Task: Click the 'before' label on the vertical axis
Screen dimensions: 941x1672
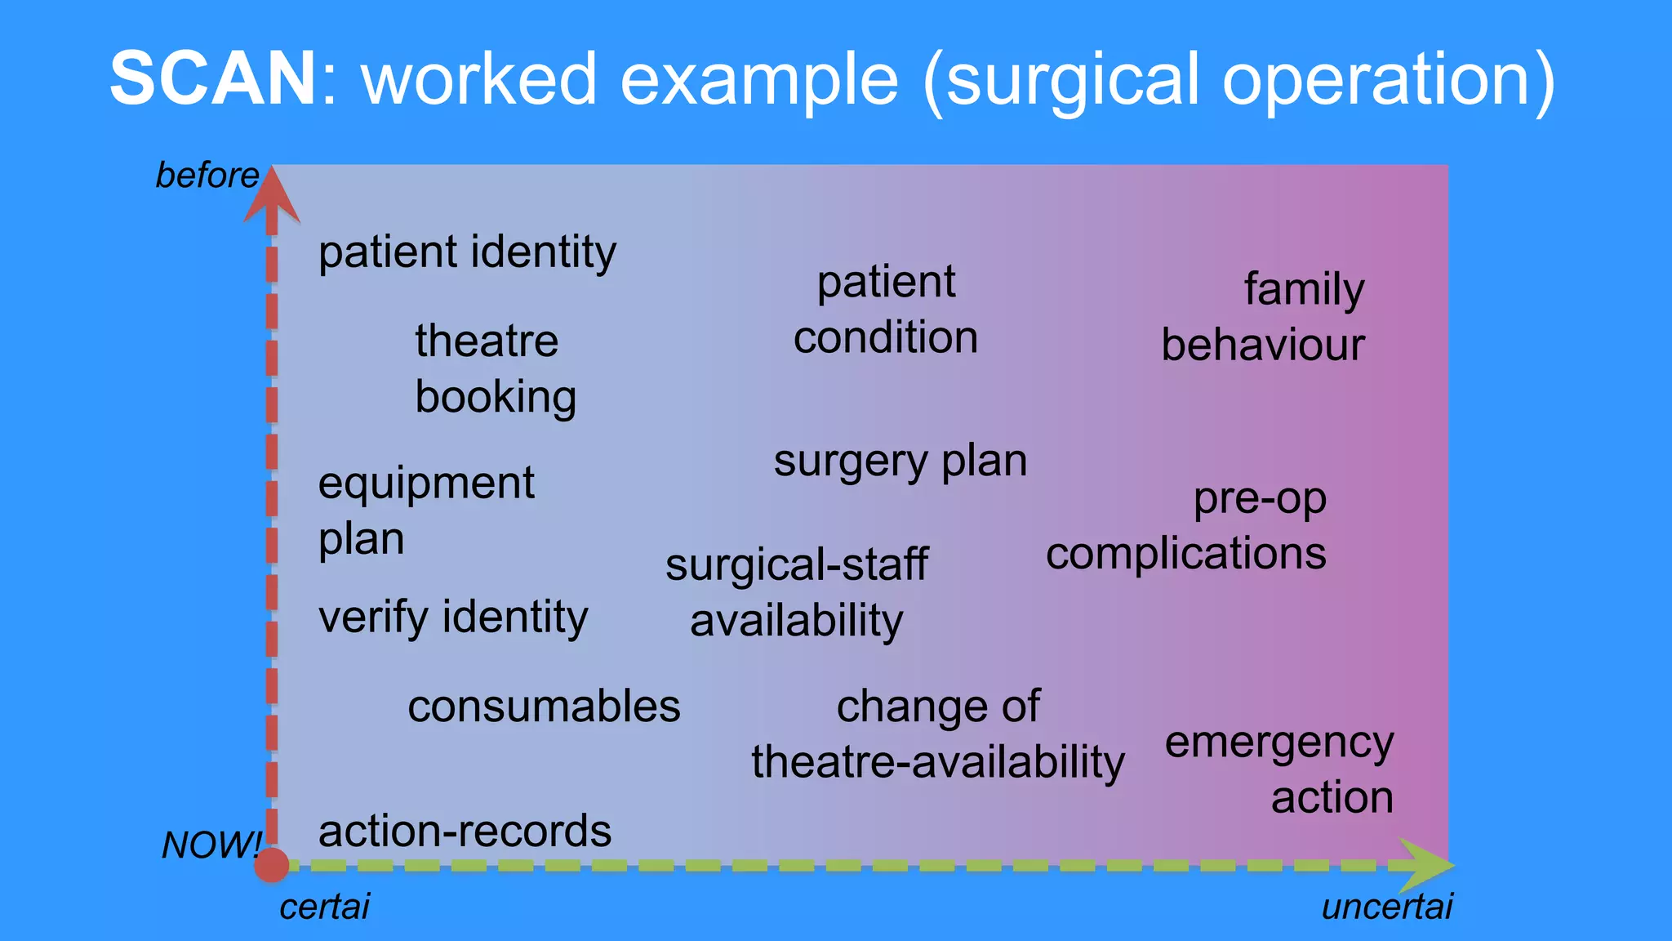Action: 207,176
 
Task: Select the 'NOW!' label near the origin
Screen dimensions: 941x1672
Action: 211,845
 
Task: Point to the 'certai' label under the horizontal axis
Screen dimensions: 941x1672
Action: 324,907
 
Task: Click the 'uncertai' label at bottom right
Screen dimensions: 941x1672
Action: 1387,907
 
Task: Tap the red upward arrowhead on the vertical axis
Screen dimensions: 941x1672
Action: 272,196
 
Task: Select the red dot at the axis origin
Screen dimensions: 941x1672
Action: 272,865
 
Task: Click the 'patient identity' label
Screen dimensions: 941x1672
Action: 467,252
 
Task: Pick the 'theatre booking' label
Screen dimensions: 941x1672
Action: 495,369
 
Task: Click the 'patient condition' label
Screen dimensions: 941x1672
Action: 886,310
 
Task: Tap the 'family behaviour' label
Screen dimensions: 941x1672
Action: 1263,317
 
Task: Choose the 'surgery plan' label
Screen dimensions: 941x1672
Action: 900,462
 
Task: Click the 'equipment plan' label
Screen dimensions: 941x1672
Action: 426,511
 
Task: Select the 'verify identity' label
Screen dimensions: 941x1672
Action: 453,618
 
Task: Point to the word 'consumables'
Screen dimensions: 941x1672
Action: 544,707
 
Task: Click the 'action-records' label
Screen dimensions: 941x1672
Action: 465,832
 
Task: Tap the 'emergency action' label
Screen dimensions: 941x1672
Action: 1279,769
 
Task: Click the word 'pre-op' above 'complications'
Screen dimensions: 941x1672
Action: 1260,499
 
